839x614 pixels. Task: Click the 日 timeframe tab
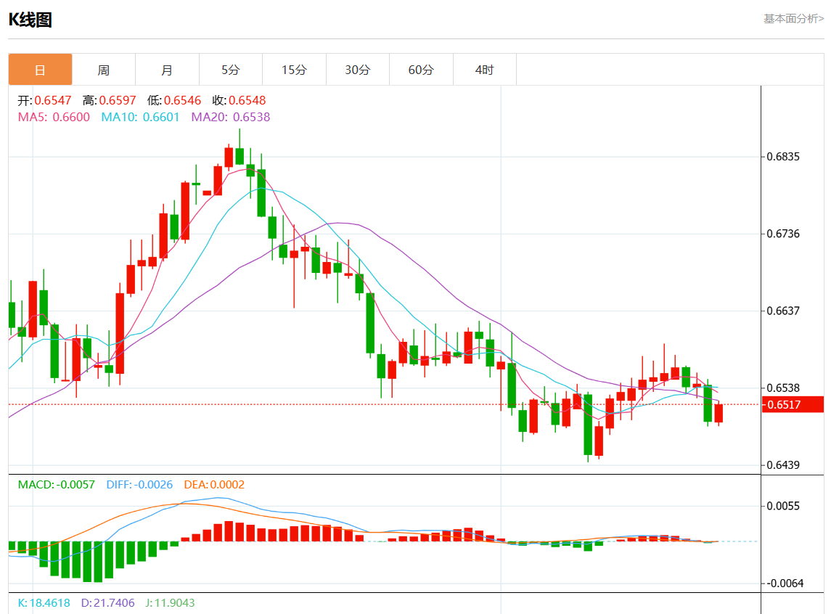point(40,70)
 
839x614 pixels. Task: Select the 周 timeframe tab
point(104,70)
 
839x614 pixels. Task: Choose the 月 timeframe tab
point(167,70)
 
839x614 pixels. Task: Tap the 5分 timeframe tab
point(230,70)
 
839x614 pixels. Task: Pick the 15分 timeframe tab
point(294,70)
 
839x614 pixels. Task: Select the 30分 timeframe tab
point(357,70)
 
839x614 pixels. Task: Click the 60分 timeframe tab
point(421,70)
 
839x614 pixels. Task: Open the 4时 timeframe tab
point(484,70)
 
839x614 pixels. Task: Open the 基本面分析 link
point(793,18)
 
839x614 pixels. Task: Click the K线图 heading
point(30,20)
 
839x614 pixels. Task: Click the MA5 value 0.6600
point(73,117)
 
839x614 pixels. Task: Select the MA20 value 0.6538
point(251,117)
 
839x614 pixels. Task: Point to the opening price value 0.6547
point(53,100)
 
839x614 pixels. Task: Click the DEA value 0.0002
point(227,485)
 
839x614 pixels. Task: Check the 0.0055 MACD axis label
point(783,506)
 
